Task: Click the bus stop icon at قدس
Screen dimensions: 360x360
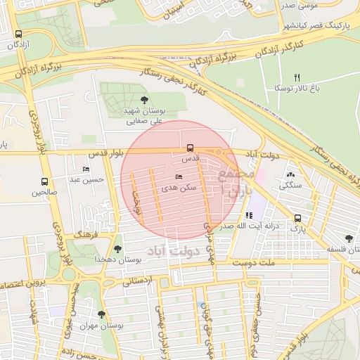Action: click(190, 148)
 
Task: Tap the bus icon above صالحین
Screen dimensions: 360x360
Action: click(45, 181)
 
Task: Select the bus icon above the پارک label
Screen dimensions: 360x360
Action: click(298, 218)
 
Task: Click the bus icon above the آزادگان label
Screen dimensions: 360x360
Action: click(18, 34)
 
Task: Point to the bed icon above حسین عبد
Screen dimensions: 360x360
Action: click(86, 169)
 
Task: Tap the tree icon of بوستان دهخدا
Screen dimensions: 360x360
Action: click(117, 248)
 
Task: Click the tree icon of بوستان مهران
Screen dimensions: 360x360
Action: click(102, 314)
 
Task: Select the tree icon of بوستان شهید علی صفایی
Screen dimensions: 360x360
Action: click(145, 100)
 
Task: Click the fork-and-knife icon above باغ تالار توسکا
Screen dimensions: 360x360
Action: click(297, 77)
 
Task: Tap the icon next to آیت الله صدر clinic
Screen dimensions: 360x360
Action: click(248, 215)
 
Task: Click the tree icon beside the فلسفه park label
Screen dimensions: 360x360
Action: click(349, 239)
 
